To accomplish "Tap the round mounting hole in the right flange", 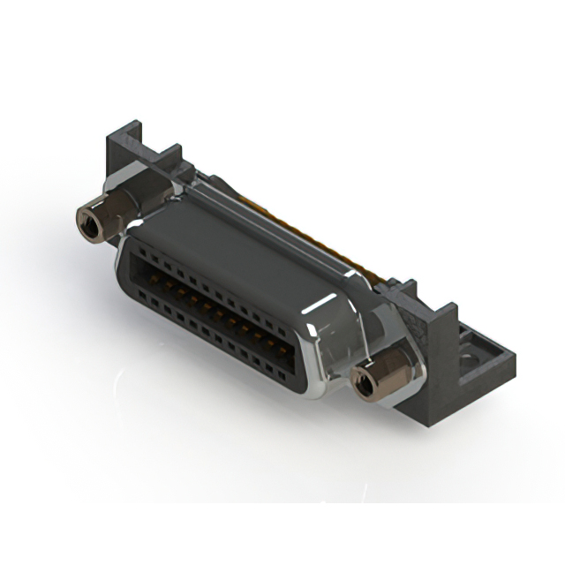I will [x=470, y=358].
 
